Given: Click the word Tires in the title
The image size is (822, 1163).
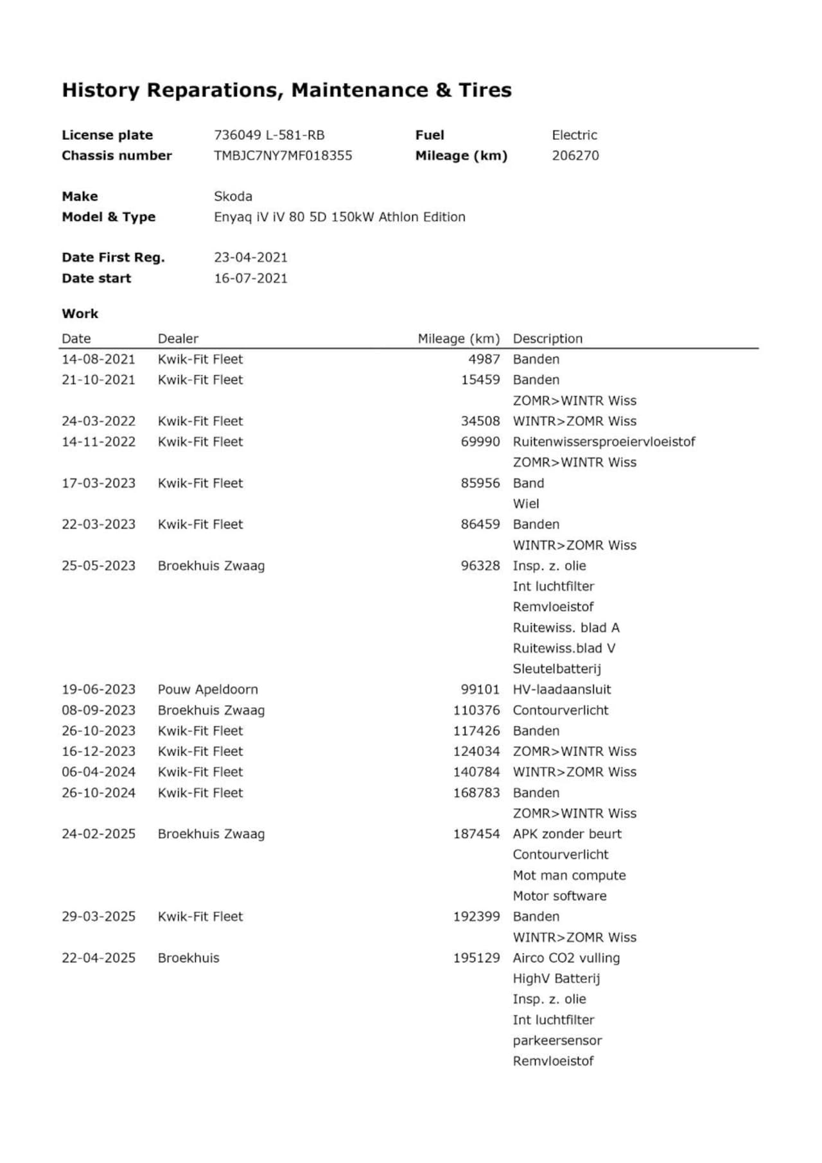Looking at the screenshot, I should point(485,90).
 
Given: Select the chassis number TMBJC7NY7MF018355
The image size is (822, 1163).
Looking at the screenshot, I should point(283,155).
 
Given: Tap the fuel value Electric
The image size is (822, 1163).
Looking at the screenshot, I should point(574,135).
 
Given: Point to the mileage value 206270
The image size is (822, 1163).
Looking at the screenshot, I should point(575,155).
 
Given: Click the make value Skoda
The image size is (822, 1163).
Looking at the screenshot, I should point(232,197).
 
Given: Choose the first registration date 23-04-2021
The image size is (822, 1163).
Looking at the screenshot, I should point(250,258).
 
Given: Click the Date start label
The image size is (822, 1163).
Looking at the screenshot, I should point(96,278).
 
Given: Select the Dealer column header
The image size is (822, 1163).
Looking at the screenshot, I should point(178,338).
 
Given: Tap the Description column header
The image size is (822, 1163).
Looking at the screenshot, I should point(547,338).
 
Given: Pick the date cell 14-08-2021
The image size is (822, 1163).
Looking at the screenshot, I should point(98,359).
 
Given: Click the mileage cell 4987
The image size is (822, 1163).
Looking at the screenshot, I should point(484,359).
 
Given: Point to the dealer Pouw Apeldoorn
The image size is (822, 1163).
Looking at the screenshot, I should point(207,689).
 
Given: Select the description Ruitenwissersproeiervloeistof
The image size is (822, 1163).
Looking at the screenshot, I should point(604,442).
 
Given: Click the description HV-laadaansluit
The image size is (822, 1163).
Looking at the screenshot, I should point(561,689).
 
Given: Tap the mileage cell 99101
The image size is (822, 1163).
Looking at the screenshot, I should point(480,689).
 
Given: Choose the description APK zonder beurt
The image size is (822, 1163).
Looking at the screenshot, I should point(567,834).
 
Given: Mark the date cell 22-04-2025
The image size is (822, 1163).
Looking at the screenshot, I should point(98,958).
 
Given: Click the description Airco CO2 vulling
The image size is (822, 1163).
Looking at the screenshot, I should point(566,958).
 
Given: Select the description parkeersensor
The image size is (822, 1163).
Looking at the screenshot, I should point(557,1040).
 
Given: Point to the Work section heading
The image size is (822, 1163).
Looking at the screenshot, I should point(80,313).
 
